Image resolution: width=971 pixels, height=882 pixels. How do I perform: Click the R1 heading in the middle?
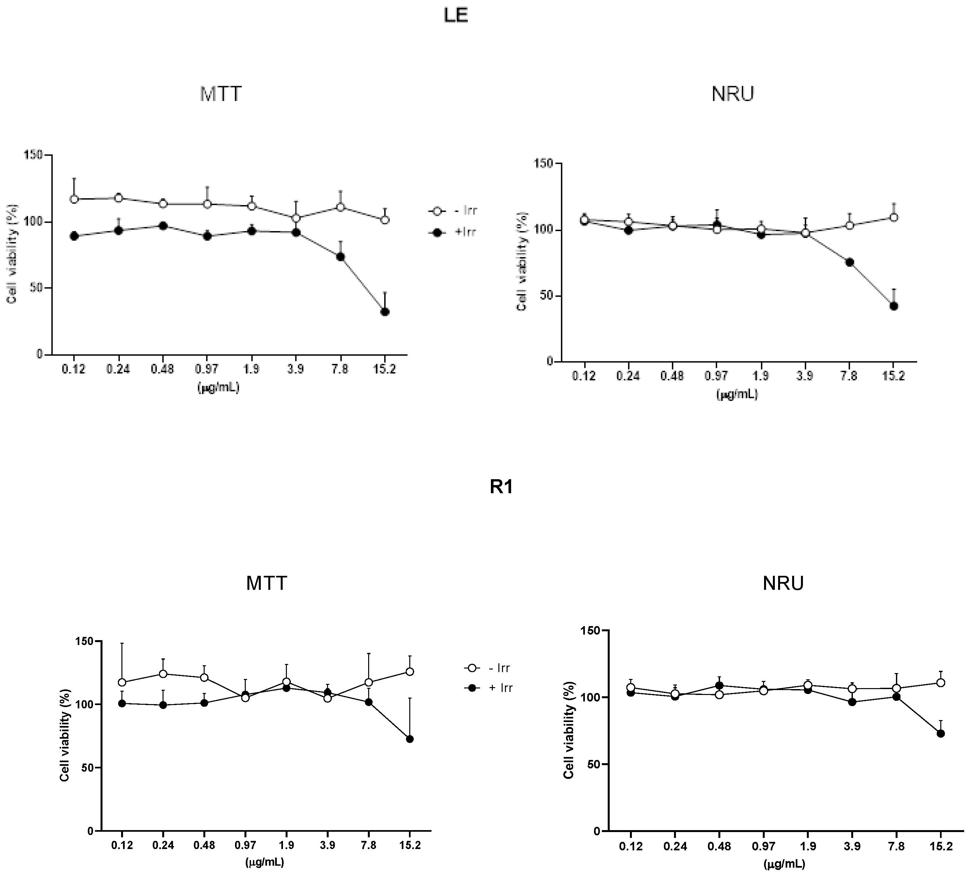coord(501,487)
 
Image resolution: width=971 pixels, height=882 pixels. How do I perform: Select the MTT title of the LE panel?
coord(221,94)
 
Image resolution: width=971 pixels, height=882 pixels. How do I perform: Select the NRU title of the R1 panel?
coord(783,583)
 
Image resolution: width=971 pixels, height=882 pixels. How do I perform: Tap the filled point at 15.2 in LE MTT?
coord(385,312)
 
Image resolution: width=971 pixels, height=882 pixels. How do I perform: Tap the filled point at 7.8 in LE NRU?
coord(850,262)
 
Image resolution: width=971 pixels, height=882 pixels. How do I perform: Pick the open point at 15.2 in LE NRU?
coord(894,217)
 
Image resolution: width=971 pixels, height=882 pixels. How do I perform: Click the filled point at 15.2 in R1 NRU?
coord(941,733)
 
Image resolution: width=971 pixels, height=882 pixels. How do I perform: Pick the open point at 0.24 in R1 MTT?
coord(163,673)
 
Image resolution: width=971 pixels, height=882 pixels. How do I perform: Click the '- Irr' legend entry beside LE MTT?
coord(453,211)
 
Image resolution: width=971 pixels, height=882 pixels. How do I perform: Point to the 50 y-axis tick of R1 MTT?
coord(87,767)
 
